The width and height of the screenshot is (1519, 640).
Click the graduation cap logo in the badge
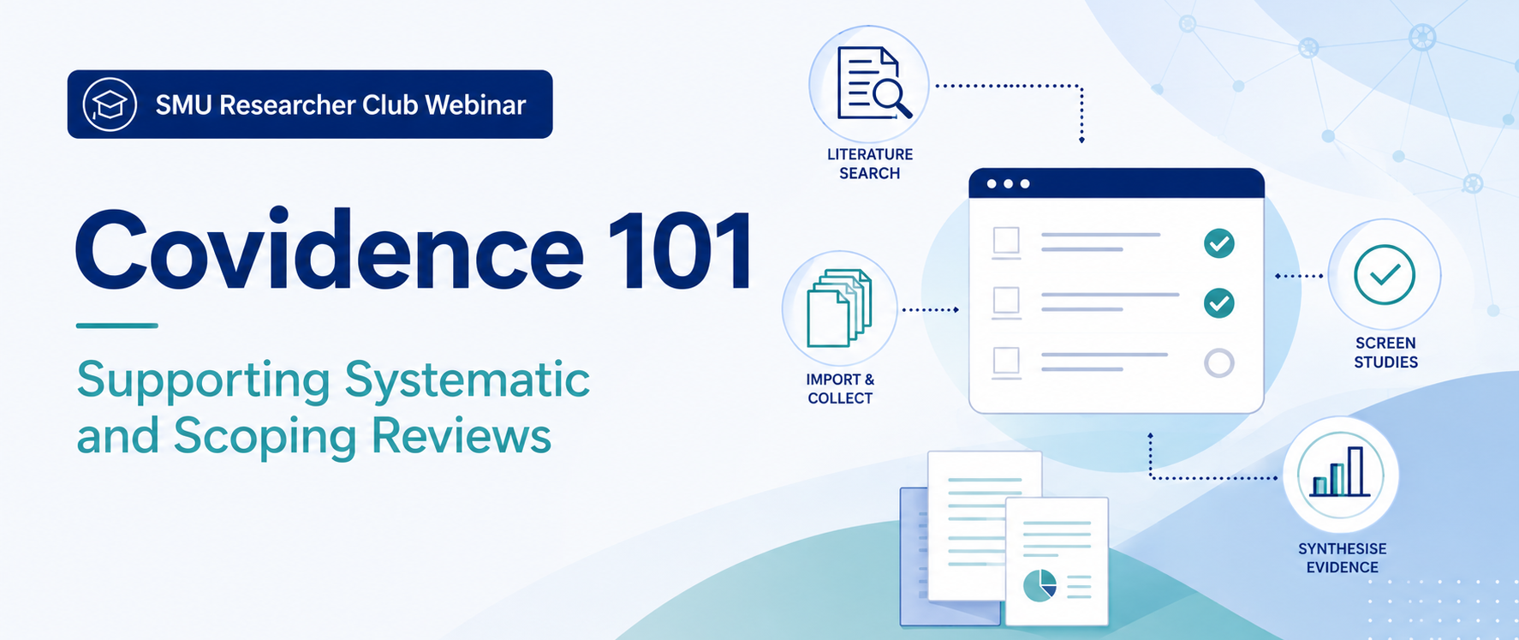[110, 105]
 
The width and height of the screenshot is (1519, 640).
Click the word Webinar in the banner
[475, 105]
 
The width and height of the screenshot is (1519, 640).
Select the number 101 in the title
[681, 250]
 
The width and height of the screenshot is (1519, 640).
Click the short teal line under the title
[116, 326]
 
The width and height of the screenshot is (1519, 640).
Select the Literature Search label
[870, 164]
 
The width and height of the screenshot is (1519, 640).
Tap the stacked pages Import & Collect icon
[839, 308]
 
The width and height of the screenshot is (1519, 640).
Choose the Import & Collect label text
[840, 389]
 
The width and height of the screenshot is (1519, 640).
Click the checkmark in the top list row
[1219, 243]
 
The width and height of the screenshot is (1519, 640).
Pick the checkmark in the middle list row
[1219, 303]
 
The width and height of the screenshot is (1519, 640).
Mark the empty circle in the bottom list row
[1219, 363]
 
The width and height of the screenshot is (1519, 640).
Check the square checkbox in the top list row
[1006, 240]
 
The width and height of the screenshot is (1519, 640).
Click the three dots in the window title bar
[1008, 184]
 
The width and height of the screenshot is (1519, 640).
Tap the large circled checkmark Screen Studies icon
[1385, 275]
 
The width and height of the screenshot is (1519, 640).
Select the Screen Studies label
[1385, 352]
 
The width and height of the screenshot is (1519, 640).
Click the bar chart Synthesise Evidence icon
[1341, 474]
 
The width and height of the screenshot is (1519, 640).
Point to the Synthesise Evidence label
[1342, 558]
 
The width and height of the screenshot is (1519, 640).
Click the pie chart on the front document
[1039, 585]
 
